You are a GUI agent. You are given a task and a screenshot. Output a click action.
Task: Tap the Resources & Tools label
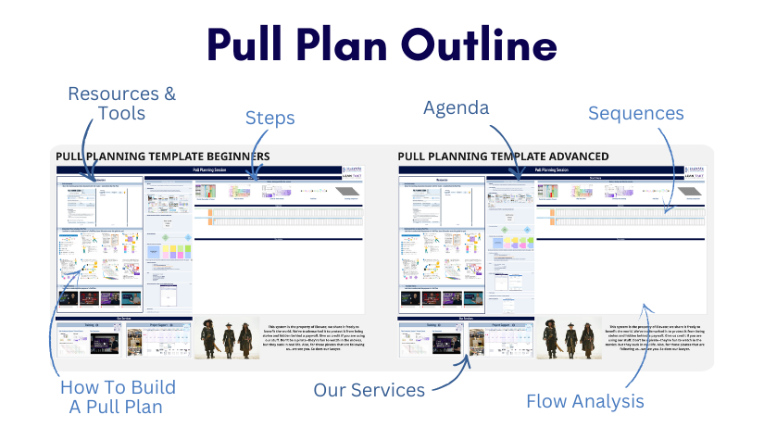click(121, 103)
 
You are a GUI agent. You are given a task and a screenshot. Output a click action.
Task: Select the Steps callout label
click(269, 118)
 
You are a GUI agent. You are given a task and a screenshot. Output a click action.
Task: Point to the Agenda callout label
click(456, 108)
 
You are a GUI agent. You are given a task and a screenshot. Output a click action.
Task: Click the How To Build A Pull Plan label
click(118, 396)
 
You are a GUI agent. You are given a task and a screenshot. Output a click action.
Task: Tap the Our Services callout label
click(369, 389)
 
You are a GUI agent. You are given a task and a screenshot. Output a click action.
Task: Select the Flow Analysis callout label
click(584, 401)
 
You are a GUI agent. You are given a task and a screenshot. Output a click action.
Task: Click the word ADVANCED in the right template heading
click(570, 157)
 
